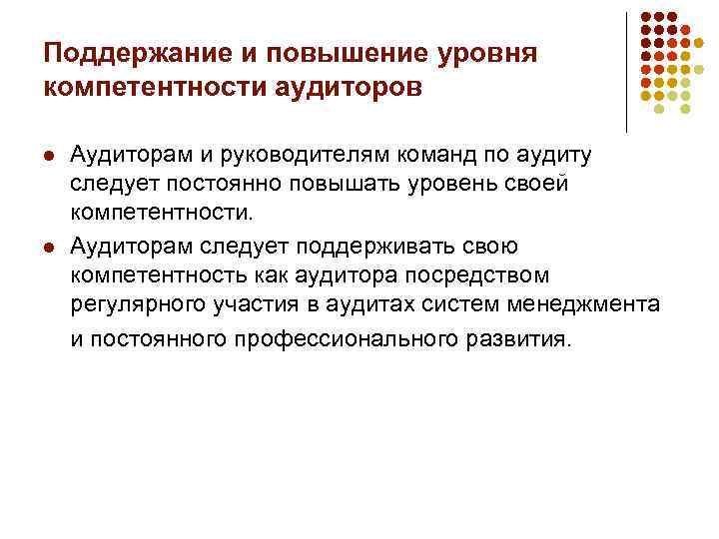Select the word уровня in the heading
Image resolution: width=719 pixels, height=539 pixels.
491,52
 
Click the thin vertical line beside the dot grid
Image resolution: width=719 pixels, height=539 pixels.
626,70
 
